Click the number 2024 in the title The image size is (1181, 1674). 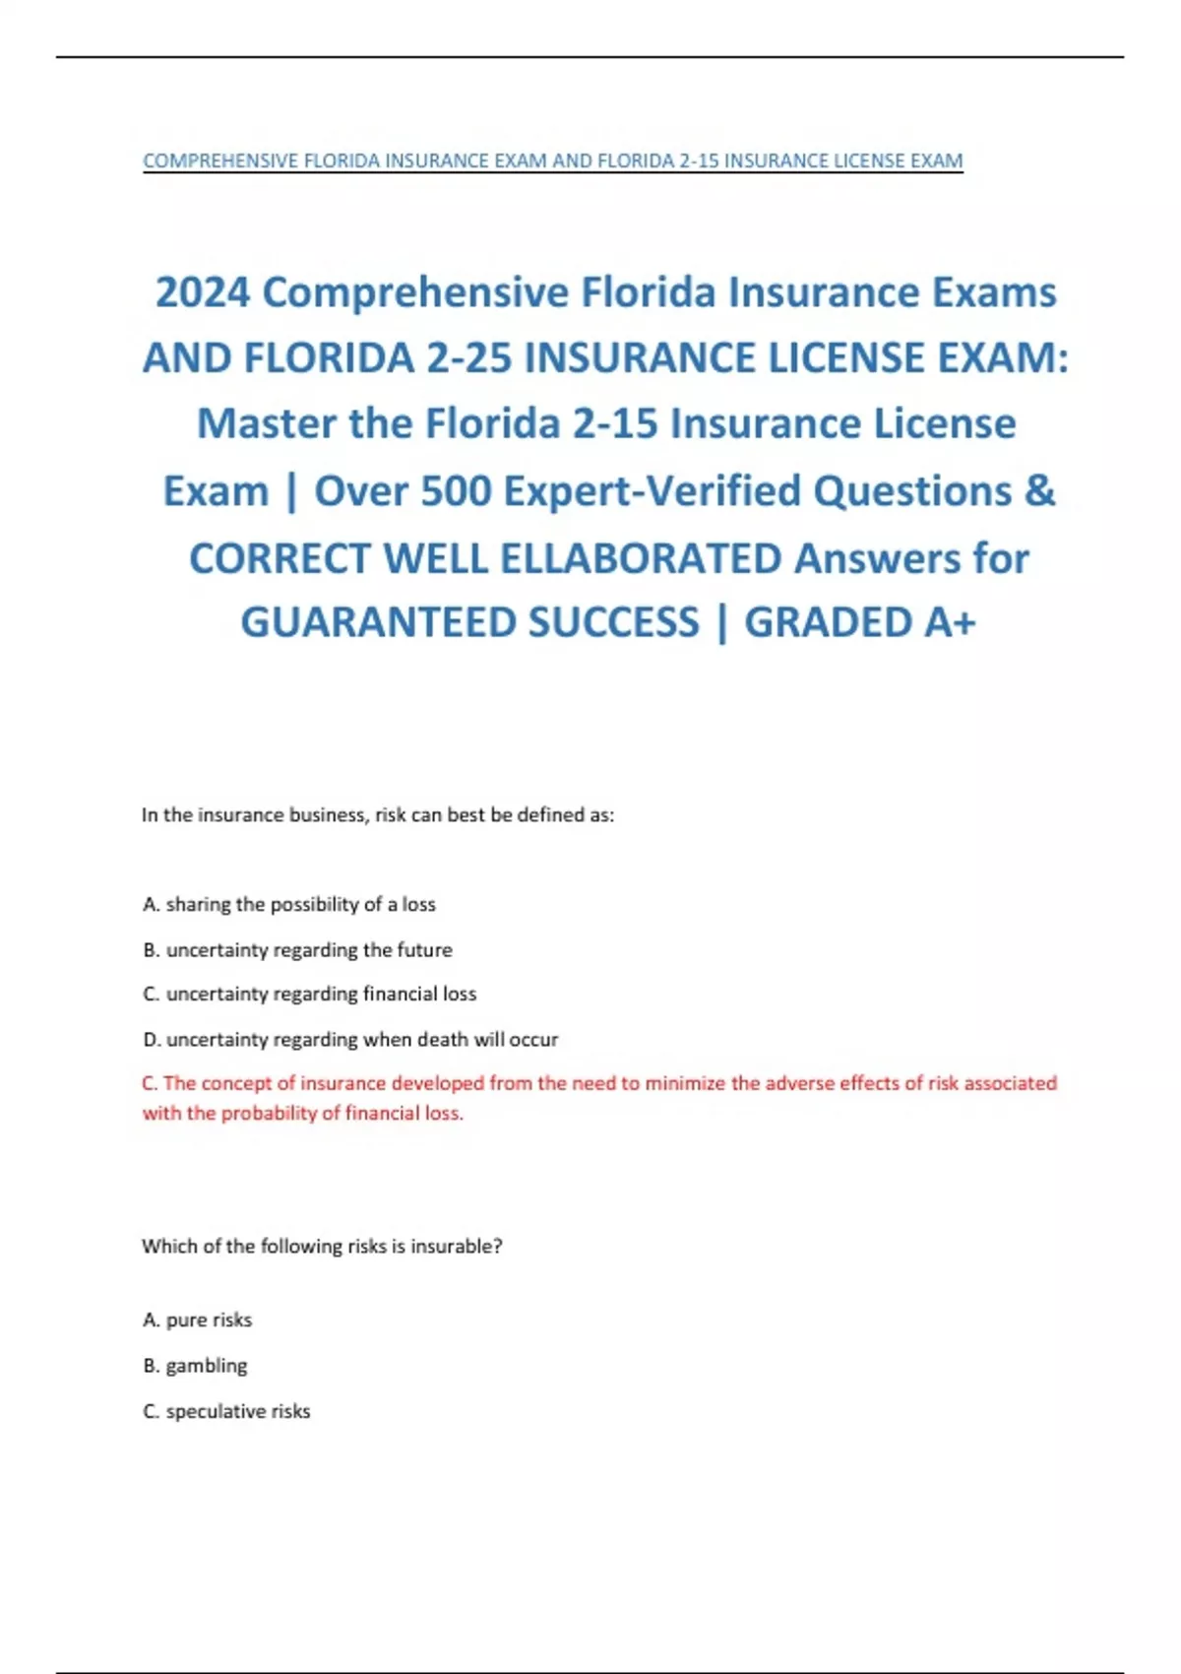point(203,292)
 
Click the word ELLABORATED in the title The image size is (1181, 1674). point(641,558)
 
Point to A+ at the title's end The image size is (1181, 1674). point(950,622)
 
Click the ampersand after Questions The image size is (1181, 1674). point(1039,490)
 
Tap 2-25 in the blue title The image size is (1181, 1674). point(469,357)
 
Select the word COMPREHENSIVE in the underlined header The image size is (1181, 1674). point(220,161)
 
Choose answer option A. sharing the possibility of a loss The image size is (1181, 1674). point(289,904)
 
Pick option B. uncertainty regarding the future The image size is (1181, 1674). point(297,950)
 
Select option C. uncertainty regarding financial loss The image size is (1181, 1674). point(309,994)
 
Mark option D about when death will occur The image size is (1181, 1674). point(350,1039)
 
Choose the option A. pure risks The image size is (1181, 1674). point(197,1320)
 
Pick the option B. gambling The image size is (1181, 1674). point(195,1366)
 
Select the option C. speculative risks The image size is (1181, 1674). point(226,1411)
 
